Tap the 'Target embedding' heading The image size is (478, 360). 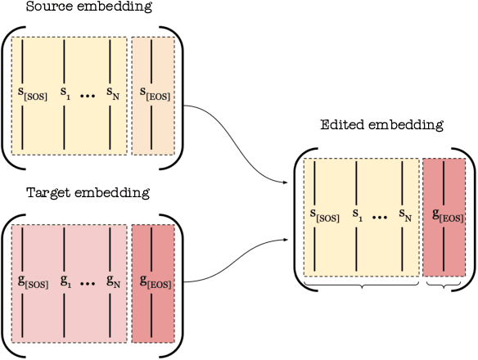click(x=77, y=193)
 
